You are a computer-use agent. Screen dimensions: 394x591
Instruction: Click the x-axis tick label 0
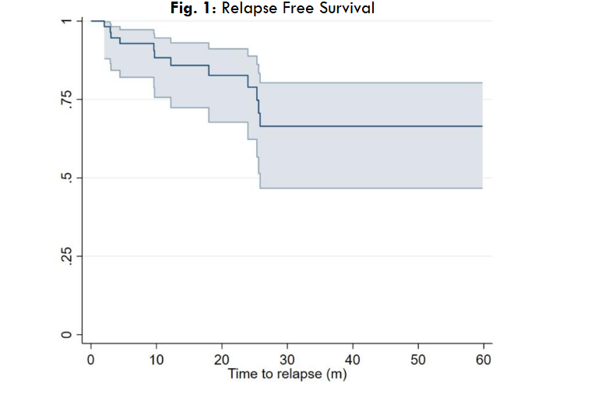(x=91, y=359)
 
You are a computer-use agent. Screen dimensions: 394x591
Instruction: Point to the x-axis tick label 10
(x=157, y=359)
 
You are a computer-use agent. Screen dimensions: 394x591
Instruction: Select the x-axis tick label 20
(x=222, y=359)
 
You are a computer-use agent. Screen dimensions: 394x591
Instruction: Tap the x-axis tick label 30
(x=287, y=359)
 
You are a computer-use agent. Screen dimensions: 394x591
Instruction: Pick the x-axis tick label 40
(x=352, y=359)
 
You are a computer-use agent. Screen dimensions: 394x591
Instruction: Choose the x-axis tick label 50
(x=417, y=359)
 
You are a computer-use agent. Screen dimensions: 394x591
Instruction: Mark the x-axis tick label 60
(x=482, y=359)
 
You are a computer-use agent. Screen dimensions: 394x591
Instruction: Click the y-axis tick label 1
(x=66, y=21)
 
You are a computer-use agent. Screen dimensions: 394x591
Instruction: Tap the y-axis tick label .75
(x=66, y=99)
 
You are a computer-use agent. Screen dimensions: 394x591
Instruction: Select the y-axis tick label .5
(x=66, y=178)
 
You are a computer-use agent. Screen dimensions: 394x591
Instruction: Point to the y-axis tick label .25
(x=66, y=256)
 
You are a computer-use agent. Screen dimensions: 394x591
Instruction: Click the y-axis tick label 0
(x=66, y=335)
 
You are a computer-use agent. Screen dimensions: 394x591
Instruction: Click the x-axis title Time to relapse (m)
(x=287, y=374)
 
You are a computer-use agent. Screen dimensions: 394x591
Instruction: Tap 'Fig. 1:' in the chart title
(x=193, y=9)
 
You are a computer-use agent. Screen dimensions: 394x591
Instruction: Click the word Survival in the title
(x=346, y=9)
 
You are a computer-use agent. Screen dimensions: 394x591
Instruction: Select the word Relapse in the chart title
(x=248, y=9)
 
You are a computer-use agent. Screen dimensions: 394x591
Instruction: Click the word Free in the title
(x=295, y=9)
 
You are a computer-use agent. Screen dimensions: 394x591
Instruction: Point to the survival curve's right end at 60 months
(x=482, y=126)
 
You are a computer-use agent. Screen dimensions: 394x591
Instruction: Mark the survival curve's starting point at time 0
(x=92, y=21)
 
